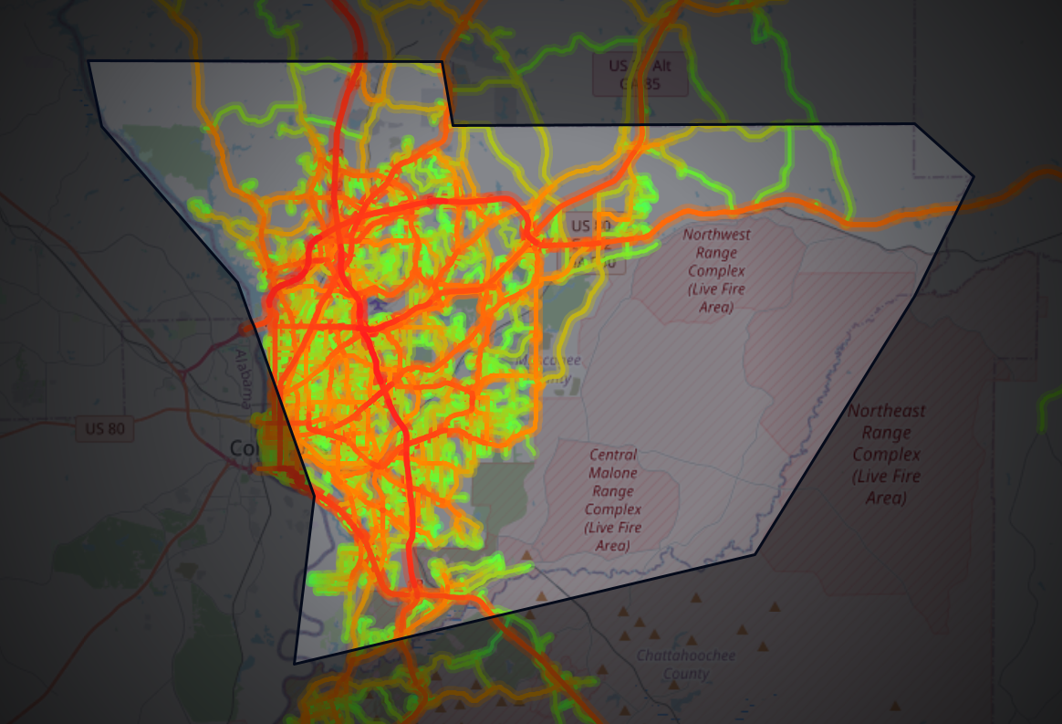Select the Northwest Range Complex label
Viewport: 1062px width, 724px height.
click(716, 270)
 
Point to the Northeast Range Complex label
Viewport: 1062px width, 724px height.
click(885, 454)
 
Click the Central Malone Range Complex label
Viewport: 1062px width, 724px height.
click(613, 500)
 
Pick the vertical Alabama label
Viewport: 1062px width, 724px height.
click(244, 378)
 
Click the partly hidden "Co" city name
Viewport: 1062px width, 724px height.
click(243, 449)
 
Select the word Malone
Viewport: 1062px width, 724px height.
click(613, 473)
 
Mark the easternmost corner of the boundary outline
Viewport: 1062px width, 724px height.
click(973, 176)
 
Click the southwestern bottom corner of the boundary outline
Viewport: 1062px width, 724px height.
click(295, 663)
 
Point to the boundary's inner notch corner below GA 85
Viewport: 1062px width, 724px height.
click(453, 123)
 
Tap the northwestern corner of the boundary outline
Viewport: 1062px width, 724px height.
click(88, 61)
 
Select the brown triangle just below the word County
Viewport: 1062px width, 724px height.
click(696, 598)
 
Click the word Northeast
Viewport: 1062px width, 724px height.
click(885, 411)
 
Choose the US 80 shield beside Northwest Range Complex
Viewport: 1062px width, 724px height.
click(591, 226)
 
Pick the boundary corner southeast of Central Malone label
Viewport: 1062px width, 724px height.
click(755, 553)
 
